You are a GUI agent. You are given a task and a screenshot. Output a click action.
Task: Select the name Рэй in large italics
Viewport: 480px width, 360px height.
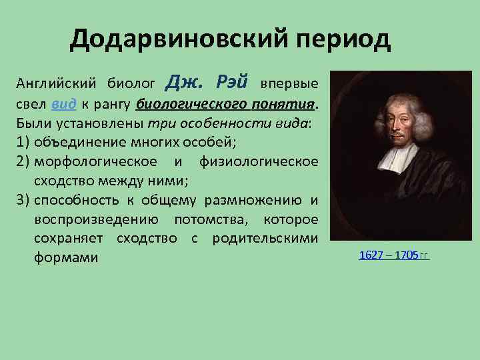pos(231,83)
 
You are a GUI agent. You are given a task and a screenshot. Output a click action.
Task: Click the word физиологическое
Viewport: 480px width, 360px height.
pos(259,162)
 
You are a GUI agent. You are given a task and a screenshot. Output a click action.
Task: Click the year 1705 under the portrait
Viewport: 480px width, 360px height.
pos(406,255)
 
